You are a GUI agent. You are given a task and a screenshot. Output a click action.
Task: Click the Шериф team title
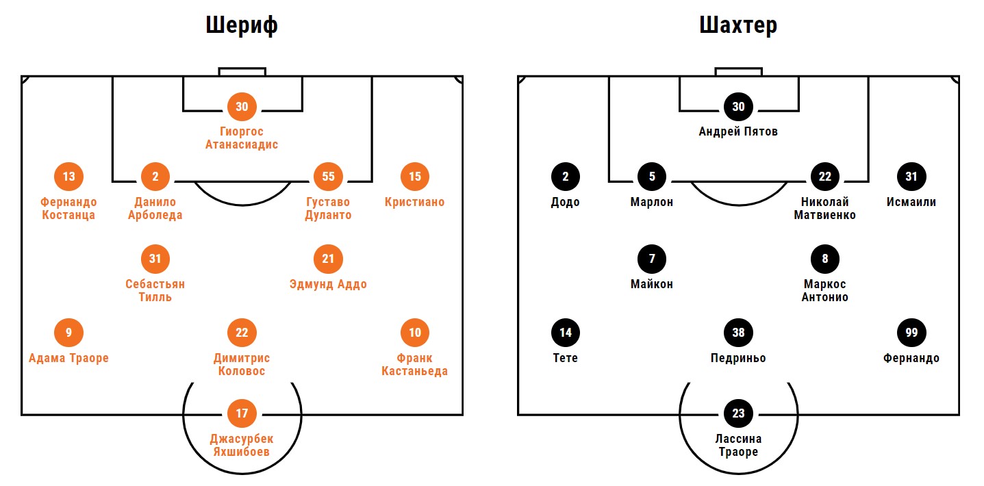point(242,25)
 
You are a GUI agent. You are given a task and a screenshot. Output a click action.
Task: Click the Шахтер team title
point(737,25)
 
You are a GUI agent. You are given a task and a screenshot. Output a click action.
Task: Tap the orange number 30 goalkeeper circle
point(242,107)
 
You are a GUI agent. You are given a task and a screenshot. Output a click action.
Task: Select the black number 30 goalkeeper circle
point(738,107)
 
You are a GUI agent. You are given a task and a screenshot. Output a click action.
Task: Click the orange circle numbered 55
point(328,177)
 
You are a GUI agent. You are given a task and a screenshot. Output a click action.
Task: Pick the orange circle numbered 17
point(242,413)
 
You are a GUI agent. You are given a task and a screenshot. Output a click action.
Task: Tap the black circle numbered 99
point(911,333)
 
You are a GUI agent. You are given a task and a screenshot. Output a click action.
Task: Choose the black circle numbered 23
point(738,413)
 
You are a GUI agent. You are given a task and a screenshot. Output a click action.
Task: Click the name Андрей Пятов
point(738,131)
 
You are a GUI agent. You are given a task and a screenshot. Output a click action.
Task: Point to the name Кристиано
point(414,202)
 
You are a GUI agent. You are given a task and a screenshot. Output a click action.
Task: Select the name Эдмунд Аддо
point(328,284)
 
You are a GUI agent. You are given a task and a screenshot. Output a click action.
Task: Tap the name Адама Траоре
point(68,358)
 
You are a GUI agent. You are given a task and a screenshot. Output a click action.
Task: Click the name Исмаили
point(911,202)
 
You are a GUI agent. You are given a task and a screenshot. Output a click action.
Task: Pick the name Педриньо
point(738,358)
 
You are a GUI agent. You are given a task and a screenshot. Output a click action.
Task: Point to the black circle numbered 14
point(566,333)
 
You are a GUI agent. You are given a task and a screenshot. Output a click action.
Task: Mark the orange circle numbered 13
point(68,177)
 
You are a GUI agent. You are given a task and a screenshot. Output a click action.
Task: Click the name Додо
point(566,202)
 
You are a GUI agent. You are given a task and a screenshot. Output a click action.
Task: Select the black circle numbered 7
point(652,259)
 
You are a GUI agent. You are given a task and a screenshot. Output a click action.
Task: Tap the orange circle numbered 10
point(414,333)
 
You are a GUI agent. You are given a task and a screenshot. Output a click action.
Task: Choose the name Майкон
point(652,284)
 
